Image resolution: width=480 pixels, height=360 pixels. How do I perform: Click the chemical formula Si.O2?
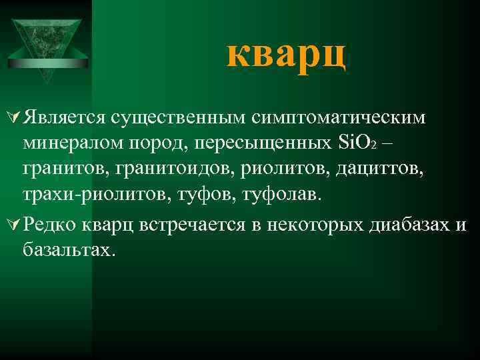[x=359, y=143]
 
